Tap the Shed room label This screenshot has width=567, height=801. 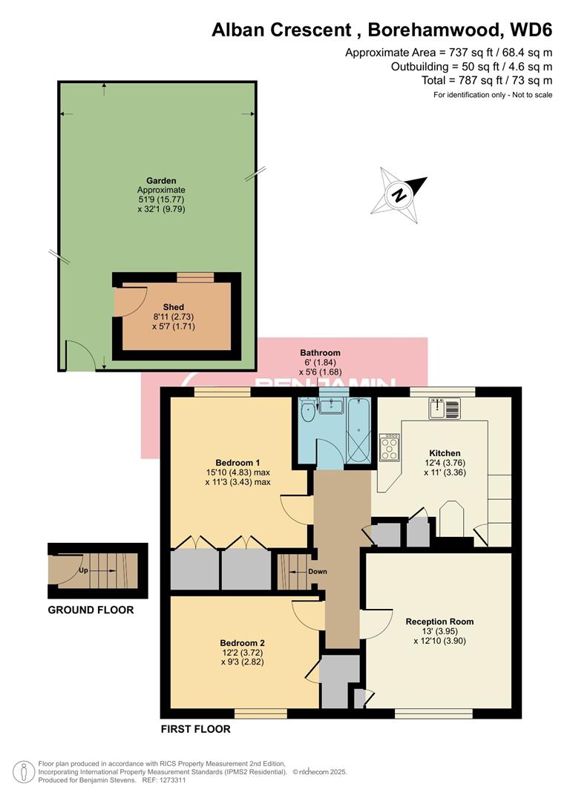click(x=174, y=307)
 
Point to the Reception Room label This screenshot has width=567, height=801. click(x=439, y=622)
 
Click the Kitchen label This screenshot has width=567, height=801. click(x=445, y=453)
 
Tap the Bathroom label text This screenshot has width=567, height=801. click(x=320, y=353)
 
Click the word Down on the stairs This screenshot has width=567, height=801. click(x=318, y=572)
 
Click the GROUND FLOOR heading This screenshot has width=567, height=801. click(x=91, y=610)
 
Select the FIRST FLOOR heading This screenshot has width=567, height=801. click(x=196, y=729)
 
